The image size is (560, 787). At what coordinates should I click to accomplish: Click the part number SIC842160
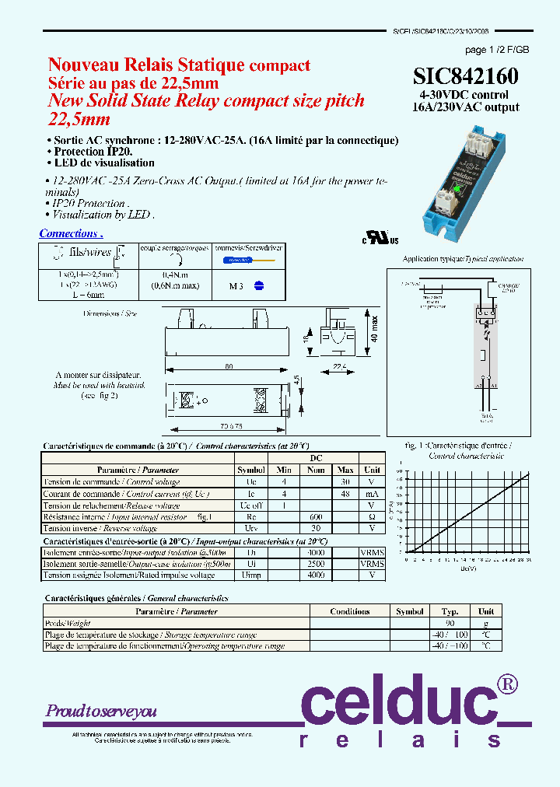(x=465, y=76)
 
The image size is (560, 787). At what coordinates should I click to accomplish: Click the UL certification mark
(x=380, y=237)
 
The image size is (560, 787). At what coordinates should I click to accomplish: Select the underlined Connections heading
(x=71, y=233)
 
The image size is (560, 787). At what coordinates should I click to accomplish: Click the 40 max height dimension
(x=374, y=328)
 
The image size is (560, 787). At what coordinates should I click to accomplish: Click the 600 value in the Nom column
(x=315, y=516)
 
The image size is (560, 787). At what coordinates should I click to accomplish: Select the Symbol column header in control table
(x=251, y=470)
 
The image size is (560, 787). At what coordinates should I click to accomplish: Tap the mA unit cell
(x=372, y=493)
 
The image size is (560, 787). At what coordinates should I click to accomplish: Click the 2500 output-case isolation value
(x=315, y=563)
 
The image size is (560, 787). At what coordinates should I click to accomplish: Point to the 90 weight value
(x=450, y=623)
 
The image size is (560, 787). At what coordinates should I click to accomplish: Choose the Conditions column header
(x=349, y=611)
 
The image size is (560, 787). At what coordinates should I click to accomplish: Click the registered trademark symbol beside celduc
(x=507, y=684)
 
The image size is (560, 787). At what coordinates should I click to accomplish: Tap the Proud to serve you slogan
(x=101, y=711)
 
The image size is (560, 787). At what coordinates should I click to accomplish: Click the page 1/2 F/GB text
(x=496, y=49)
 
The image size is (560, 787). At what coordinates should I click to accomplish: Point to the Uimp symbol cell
(x=251, y=575)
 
